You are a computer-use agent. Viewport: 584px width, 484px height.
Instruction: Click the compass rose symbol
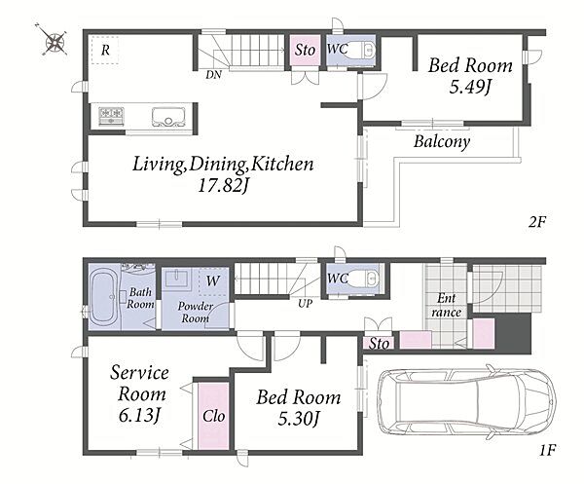pos(55,41)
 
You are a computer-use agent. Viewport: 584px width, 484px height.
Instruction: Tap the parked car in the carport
pos(466,401)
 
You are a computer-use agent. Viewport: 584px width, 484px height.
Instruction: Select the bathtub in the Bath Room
pos(104,297)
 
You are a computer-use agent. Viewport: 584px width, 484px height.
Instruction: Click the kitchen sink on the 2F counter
pos(168,118)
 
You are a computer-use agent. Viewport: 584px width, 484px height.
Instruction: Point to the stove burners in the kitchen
pos(111,116)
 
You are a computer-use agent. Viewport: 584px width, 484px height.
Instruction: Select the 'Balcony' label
pos(442,142)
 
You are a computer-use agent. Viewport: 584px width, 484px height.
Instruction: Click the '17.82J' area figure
pos(223,185)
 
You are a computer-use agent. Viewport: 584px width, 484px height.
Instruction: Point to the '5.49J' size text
pos(470,88)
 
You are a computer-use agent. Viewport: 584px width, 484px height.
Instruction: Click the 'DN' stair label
pos(213,75)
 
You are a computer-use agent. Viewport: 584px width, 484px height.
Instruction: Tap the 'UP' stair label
pos(305,304)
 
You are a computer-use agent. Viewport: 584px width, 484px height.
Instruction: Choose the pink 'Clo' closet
pos(213,416)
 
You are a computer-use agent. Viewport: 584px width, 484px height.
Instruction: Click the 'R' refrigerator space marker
pos(105,50)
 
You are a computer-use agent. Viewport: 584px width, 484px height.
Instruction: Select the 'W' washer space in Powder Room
pos(212,281)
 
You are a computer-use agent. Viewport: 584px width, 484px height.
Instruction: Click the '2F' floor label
pos(536,222)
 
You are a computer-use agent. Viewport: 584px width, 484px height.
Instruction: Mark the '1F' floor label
pos(547,450)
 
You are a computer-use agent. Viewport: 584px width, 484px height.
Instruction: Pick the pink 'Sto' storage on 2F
pos(305,51)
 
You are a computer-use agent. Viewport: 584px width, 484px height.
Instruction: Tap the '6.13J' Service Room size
pos(139,415)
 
